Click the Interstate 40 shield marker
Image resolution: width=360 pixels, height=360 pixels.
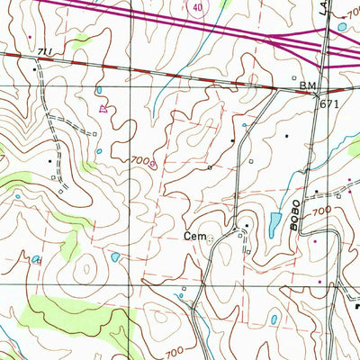point(197,6)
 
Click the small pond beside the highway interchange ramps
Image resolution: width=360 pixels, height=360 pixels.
point(342,28)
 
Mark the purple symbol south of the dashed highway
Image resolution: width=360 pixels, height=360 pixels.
point(103,108)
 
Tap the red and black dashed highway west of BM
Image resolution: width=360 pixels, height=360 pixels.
point(180,76)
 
